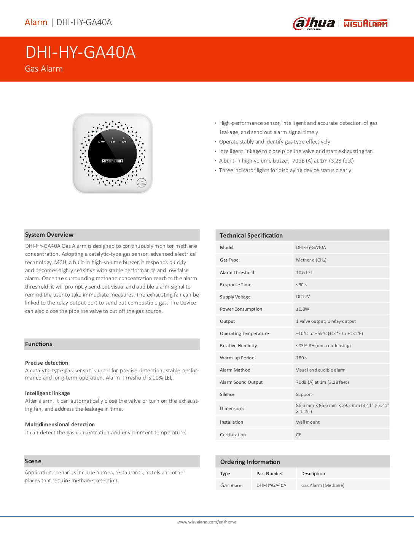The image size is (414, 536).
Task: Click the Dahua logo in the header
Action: [x=314, y=24]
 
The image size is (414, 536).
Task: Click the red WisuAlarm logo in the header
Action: [x=365, y=24]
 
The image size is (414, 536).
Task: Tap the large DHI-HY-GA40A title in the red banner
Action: [x=80, y=52]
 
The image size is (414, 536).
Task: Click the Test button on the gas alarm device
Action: [x=141, y=182]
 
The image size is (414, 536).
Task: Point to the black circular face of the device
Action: [x=112, y=154]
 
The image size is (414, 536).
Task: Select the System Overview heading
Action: [x=49, y=235]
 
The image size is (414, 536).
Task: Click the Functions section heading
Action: [x=38, y=344]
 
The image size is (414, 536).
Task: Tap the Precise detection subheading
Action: [x=46, y=363]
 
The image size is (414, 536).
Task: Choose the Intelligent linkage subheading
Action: [x=47, y=393]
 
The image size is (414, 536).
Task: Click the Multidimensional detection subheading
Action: [x=60, y=424]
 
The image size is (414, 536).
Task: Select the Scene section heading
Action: [x=33, y=461]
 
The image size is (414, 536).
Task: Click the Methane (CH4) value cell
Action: [x=311, y=260]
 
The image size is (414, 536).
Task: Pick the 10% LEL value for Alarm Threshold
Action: [x=304, y=273]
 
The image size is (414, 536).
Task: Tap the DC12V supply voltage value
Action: [x=303, y=297]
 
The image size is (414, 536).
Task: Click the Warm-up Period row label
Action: [x=237, y=358]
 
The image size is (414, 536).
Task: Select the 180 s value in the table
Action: [x=301, y=358]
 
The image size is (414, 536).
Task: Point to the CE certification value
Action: [x=299, y=435]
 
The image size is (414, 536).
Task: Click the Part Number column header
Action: [x=269, y=474]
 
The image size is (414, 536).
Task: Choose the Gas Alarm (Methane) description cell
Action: [x=323, y=485]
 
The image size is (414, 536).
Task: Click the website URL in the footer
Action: [x=207, y=522]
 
